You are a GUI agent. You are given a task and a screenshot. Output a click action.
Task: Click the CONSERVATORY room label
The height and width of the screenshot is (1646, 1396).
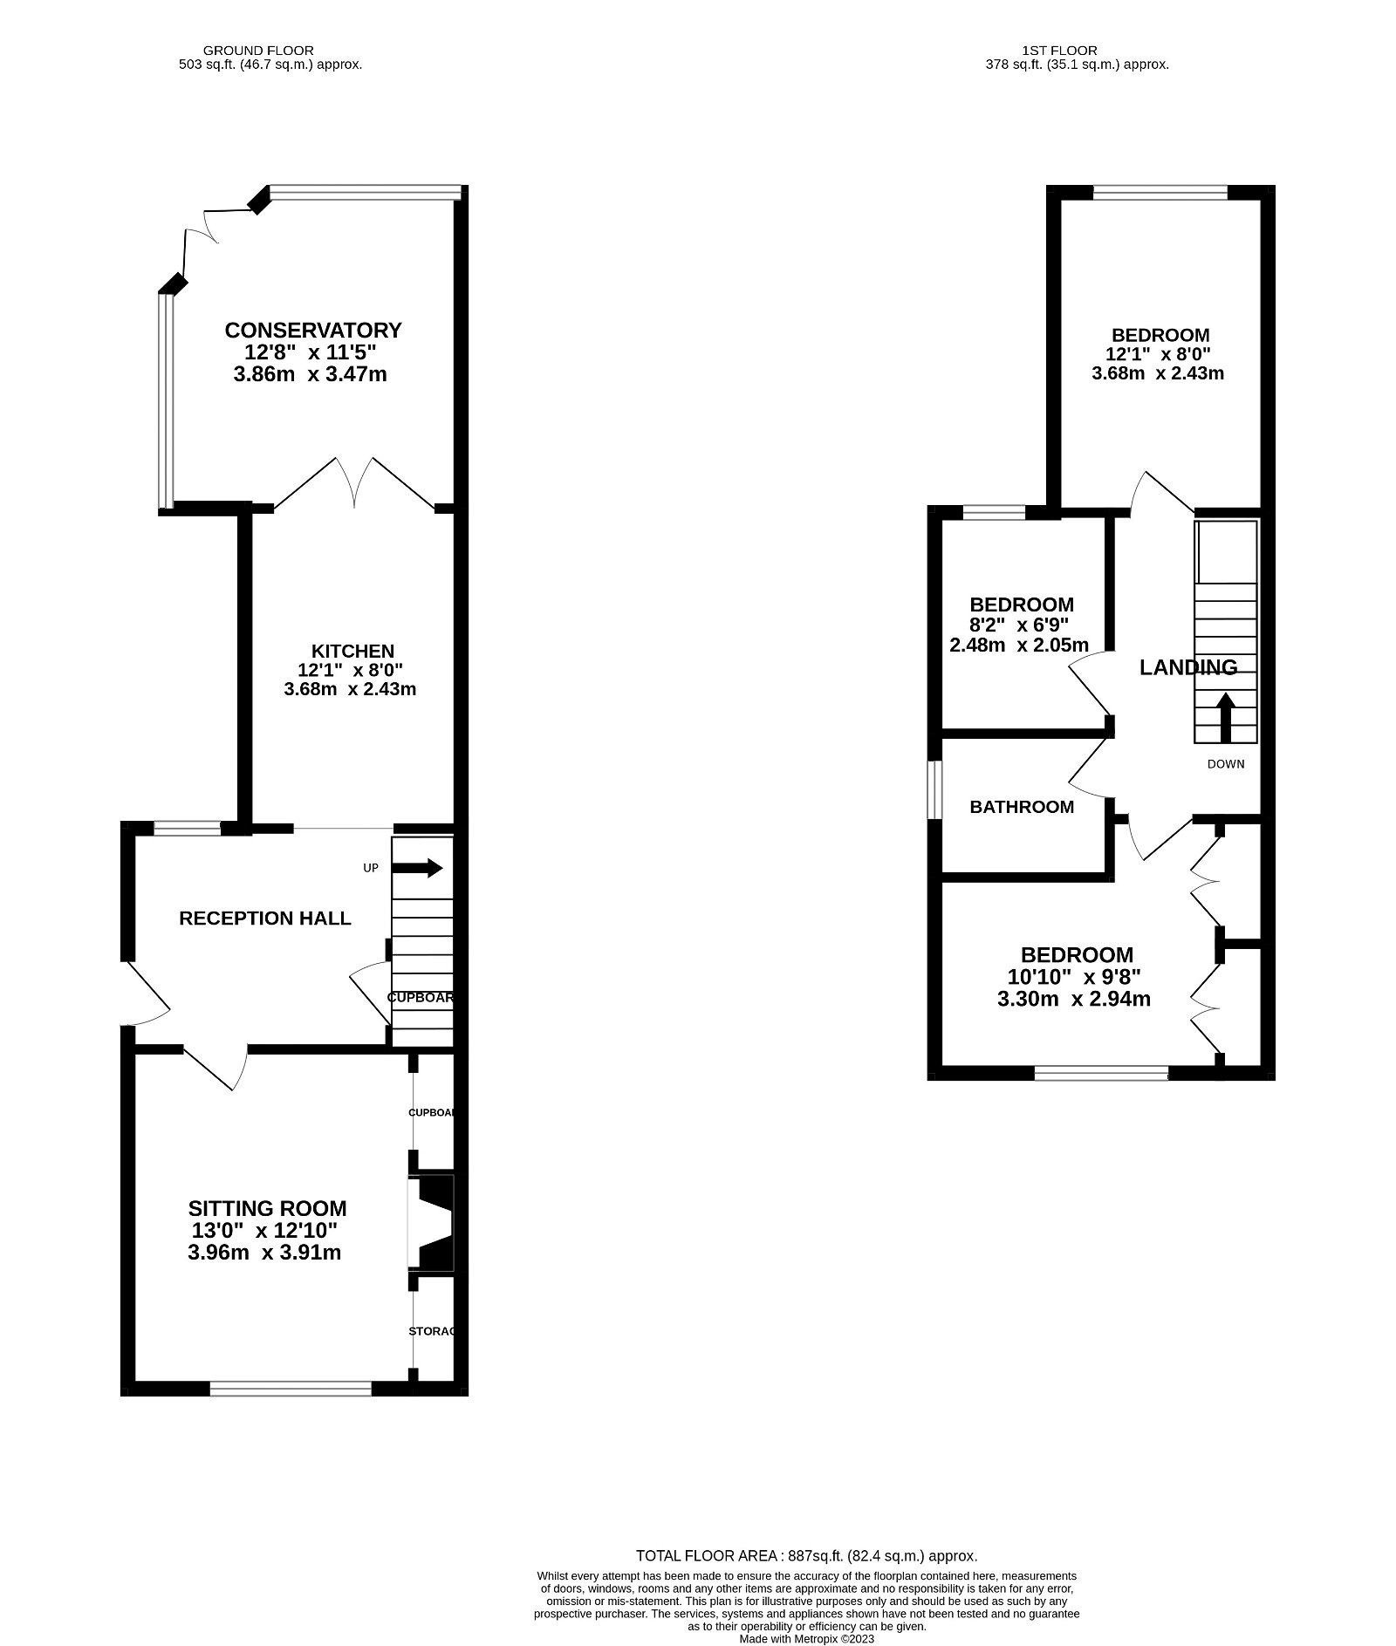(313, 331)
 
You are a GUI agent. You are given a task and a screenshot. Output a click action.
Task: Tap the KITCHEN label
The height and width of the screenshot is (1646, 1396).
(352, 651)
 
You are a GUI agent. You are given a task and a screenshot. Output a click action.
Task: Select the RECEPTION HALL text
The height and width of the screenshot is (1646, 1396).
(264, 918)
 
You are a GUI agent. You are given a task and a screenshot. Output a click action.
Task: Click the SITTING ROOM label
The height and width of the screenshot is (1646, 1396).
(267, 1208)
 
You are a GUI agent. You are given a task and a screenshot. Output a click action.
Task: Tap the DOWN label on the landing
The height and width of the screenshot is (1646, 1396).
(1225, 764)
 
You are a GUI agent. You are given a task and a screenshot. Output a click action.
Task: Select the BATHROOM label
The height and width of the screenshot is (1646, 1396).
(1022, 807)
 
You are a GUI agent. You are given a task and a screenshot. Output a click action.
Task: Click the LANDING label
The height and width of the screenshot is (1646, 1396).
(1188, 667)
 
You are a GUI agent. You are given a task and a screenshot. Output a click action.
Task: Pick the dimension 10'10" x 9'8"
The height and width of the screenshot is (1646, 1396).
(1073, 977)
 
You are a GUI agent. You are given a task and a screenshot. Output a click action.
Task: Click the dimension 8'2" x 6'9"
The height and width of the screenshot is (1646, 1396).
(1018, 625)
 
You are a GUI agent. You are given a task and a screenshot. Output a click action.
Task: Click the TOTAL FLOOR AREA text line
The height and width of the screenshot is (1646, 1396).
(806, 1555)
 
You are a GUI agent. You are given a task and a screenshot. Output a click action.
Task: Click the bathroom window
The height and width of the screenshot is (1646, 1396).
(934, 790)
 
